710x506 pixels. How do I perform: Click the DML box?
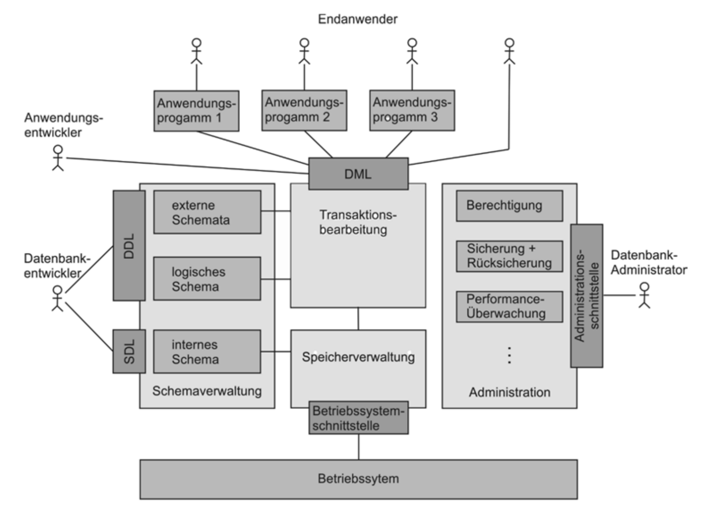358,173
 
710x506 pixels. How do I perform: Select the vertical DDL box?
129,245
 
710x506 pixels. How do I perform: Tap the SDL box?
129,351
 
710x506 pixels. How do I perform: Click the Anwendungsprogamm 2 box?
304,110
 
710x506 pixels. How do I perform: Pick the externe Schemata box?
207,212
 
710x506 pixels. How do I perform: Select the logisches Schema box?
207,279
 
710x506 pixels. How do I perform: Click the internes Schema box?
207,351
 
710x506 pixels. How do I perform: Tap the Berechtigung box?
509,206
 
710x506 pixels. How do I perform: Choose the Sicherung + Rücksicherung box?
509,256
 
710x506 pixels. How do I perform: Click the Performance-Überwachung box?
509,306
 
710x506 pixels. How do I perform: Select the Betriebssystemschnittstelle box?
358,418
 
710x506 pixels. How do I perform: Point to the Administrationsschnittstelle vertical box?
586,296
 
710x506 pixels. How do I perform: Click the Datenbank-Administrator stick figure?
644,295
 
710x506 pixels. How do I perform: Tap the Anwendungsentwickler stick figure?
58,158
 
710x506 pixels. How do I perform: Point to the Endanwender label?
358,19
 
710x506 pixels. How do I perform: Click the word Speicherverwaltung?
358,357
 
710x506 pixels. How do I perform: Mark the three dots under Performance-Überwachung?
509,355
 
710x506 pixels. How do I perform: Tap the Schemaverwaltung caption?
207,391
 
